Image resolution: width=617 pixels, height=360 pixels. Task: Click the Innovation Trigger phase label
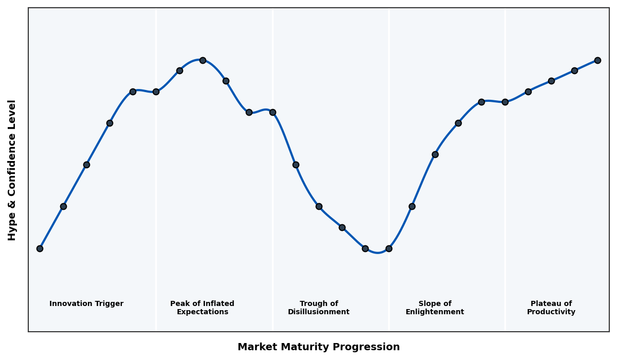86,304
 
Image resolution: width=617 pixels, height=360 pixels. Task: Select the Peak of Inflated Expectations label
202,308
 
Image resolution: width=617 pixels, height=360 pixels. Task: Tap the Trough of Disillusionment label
318,308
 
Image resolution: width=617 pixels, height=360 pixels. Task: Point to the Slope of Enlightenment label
434,308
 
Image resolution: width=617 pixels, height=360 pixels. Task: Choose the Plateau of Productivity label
551,308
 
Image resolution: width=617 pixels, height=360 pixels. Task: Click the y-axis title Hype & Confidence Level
12,170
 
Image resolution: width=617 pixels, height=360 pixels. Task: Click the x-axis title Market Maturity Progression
318,347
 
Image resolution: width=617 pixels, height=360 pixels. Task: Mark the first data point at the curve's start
40,248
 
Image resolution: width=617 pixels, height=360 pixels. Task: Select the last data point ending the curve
597,60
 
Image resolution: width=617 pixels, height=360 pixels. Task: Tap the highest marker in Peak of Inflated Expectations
203,60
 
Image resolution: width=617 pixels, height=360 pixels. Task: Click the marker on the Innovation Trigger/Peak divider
156,92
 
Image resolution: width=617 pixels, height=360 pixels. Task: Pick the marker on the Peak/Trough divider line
273,112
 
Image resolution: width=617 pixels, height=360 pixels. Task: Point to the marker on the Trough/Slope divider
389,248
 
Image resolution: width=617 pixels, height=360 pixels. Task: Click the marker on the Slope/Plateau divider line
505,102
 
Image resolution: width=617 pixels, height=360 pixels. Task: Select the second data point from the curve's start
63,206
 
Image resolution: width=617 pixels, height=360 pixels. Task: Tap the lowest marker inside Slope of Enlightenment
412,206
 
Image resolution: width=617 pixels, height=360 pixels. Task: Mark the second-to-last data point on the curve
574,70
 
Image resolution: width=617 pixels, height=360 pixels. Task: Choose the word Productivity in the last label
551,312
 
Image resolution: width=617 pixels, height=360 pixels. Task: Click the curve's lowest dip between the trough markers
377,253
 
